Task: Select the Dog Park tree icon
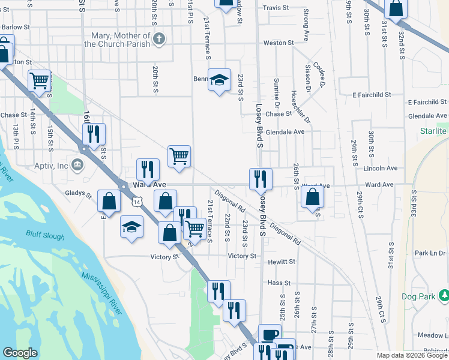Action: coord(444,295)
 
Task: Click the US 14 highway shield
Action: coord(139,203)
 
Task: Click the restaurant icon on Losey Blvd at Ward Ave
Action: coord(261,178)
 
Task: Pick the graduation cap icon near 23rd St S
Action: coord(220,79)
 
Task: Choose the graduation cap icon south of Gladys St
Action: coord(132,227)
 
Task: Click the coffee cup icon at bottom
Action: coord(270,335)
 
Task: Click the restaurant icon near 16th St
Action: coord(93,134)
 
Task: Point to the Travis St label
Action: coord(276,8)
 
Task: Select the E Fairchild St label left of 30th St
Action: coord(372,95)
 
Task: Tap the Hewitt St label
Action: coord(282,262)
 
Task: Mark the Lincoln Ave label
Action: coord(381,169)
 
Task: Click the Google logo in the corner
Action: coord(20,353)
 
